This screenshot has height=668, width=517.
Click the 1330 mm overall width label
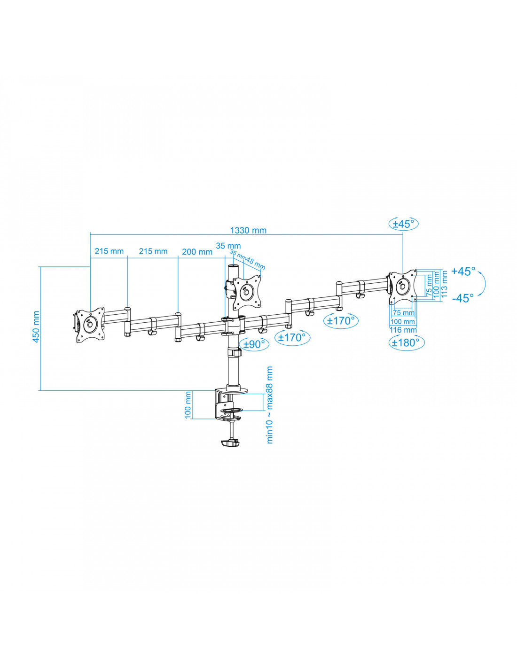(248, 230)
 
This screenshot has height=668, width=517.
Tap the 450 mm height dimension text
(36, 327)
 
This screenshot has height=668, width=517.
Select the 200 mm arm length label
(197, 252)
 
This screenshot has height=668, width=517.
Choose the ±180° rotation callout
(406, 342)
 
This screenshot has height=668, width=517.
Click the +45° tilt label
(463, 271)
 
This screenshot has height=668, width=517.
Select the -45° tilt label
(463, 298)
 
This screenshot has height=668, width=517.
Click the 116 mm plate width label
(403, 330)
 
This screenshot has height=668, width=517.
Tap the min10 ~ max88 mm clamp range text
(270, 404)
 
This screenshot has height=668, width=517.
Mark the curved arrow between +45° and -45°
(482, 284)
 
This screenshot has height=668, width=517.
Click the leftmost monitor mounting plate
(89, 325)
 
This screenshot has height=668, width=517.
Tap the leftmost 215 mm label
(109, 251)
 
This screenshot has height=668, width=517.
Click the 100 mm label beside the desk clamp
(188, 404)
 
